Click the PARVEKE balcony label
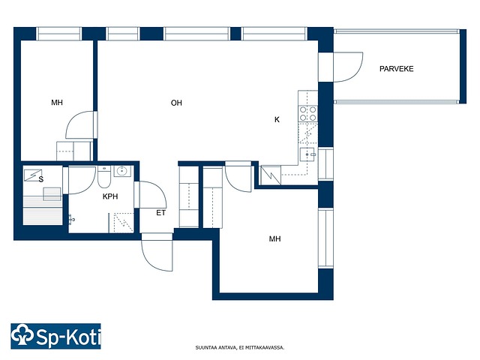pos(397,69)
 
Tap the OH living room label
pos(176,103)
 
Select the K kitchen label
pos(277,120)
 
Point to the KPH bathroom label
pos(110,196)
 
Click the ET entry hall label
pos(161,213)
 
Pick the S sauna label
pos(41,179)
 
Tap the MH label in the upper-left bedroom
pos(57,103)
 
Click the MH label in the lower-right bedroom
pos(275,238)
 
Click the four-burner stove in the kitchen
pos(308,113)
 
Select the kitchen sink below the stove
pos(308,154)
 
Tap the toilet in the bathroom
pos(104,177)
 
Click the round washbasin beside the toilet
pos(122,171)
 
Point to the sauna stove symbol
pos(33,175)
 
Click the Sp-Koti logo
pos(55,336)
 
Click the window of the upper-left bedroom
pos(59,34)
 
